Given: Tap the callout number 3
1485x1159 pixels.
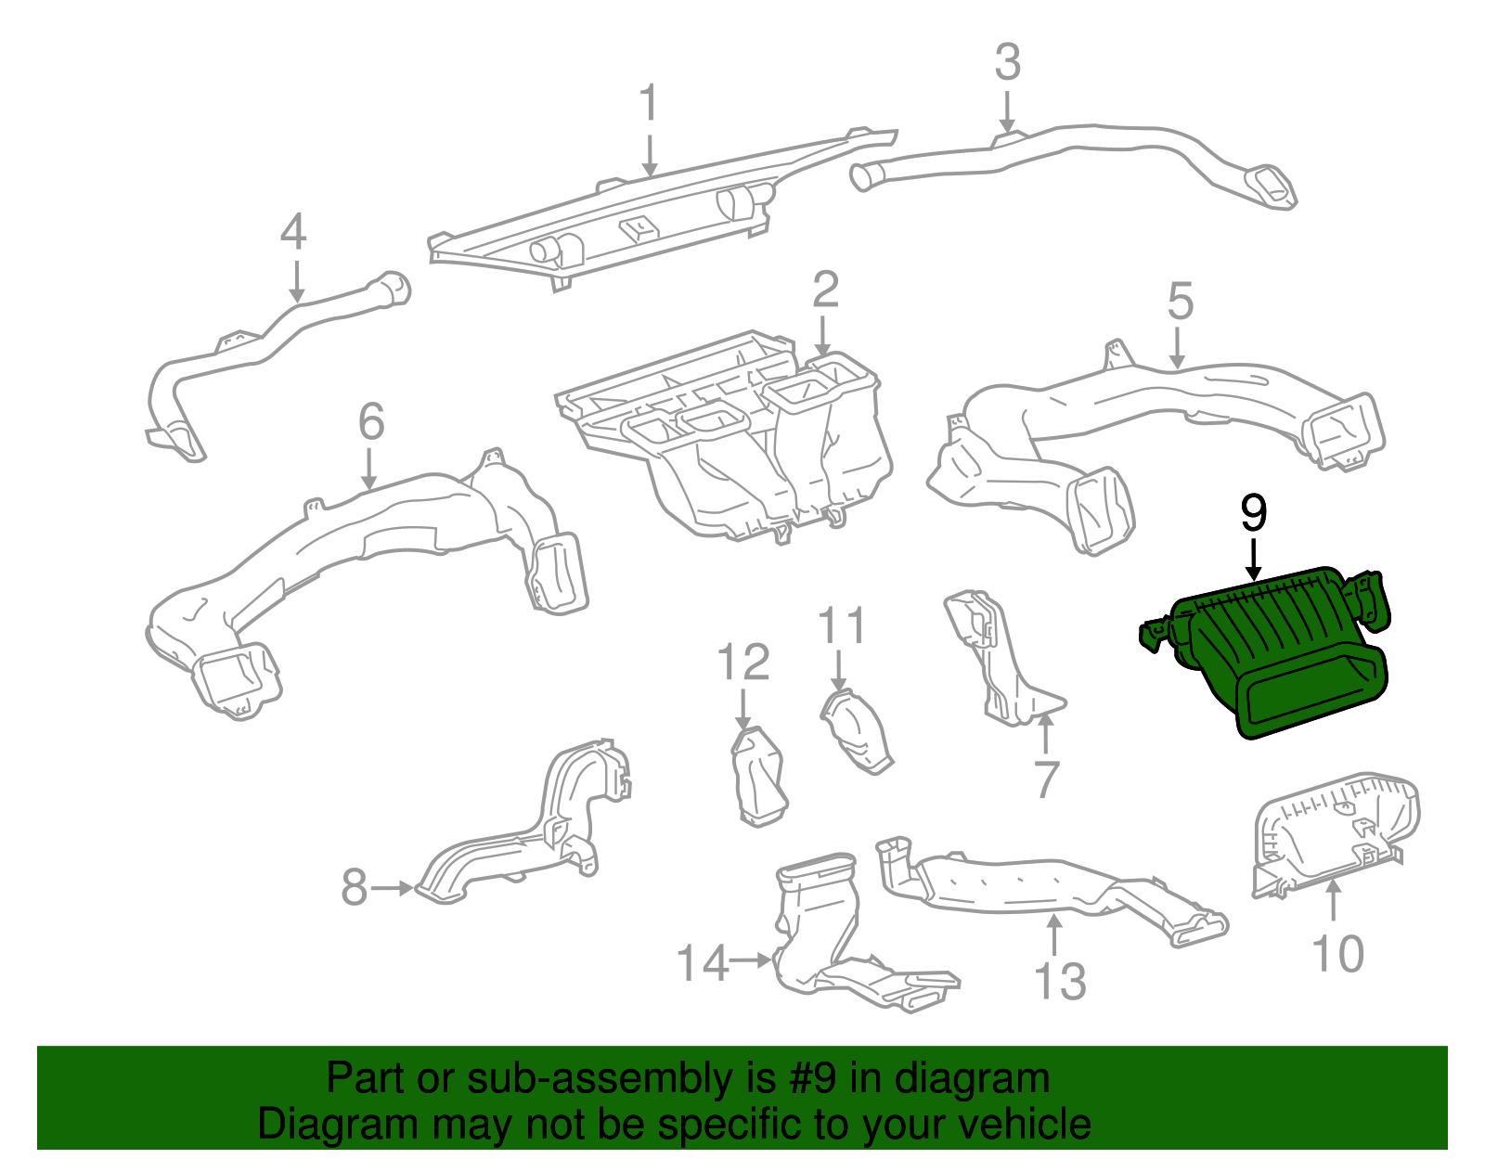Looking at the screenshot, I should (1007, 63).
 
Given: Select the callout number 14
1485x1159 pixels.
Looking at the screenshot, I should (703, 963).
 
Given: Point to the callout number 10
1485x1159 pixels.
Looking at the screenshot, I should (1337, 954).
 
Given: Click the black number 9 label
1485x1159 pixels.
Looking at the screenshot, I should (1253, 513).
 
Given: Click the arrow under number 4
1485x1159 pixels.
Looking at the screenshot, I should (296, 280).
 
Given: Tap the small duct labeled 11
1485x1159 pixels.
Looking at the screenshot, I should (856, 733).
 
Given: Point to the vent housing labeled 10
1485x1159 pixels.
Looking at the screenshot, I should (1336, 831).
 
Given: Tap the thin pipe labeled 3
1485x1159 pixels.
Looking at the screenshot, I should (1067, 153).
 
